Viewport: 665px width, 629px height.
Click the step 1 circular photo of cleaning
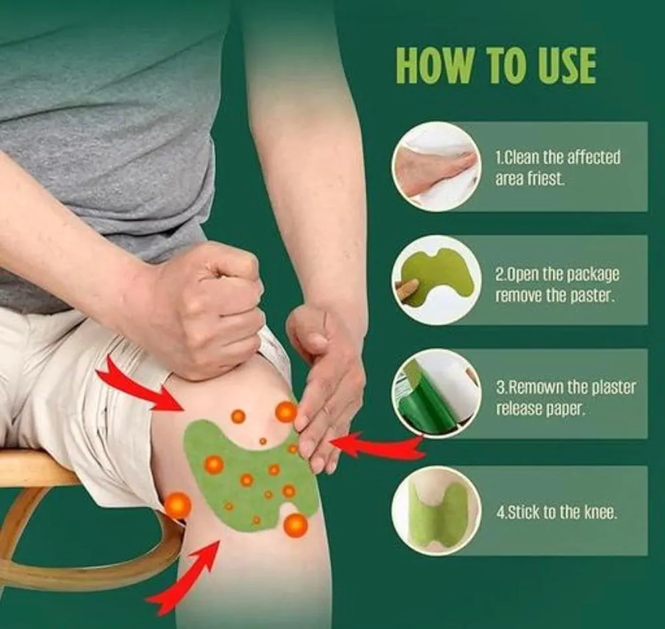click(436, 166)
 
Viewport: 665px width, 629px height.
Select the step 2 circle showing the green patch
click(436, 280)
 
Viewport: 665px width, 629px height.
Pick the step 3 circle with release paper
click(436, 393)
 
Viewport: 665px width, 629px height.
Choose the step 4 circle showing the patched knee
click(436, 511)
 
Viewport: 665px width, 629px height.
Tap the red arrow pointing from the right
click(378, 446)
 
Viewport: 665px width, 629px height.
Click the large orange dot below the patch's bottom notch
click(295, 525)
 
